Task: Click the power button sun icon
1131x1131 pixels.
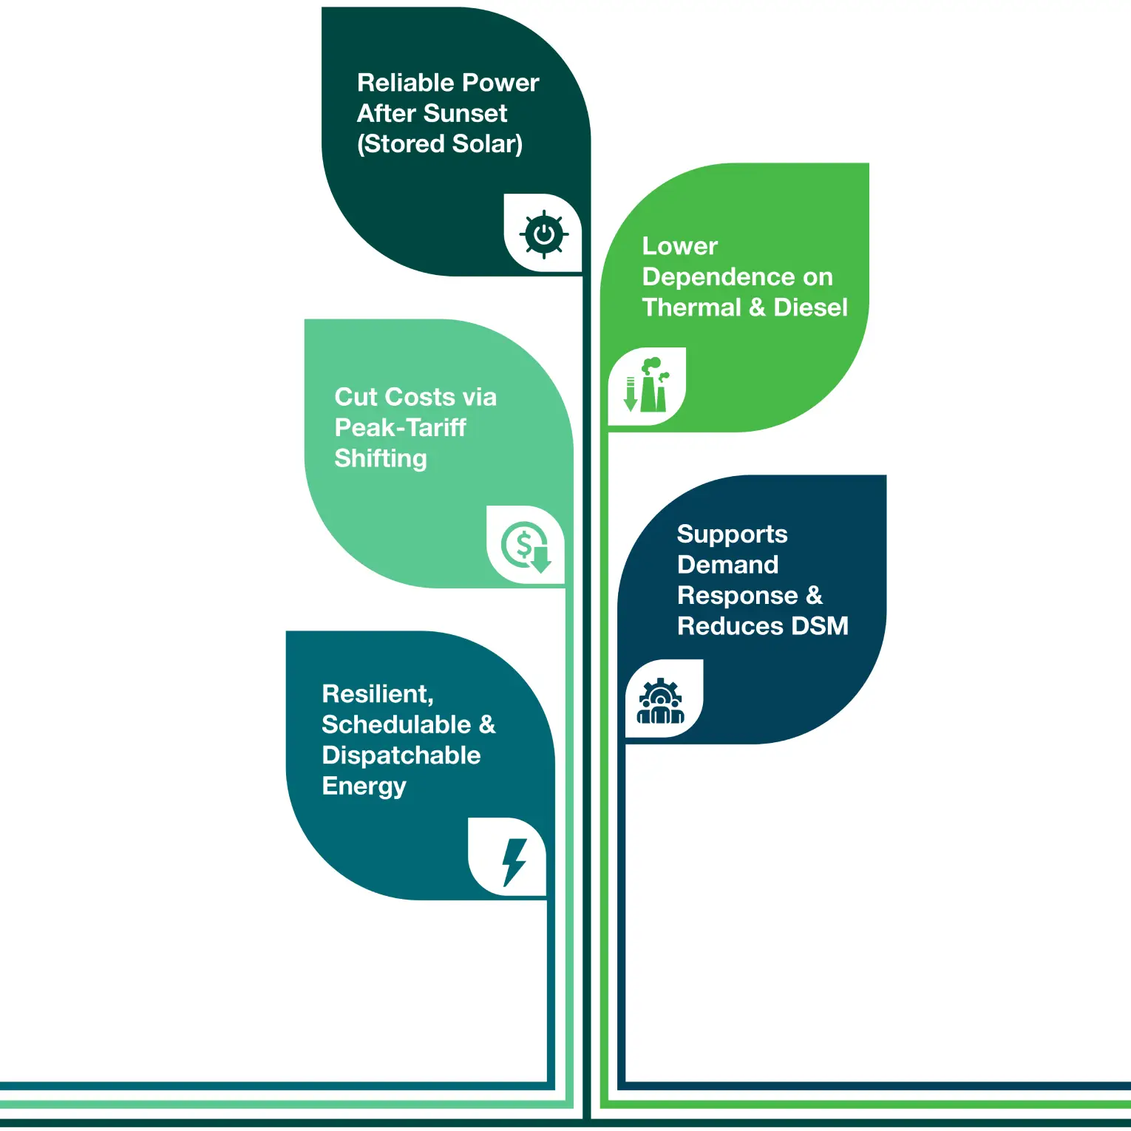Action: pos(544,235)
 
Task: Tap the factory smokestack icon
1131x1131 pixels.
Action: pos(647,385)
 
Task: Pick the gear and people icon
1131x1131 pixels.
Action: pos(661,702)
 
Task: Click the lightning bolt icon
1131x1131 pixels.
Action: pos(513,861)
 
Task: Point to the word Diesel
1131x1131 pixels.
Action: pos(810,307)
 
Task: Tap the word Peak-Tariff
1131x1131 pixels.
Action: pos(400,427)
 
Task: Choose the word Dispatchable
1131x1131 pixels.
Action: pos(401,755)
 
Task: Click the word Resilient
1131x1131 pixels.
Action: pos(378,694)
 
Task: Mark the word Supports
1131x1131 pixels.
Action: pos(732,534)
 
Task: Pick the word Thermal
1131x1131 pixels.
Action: pos(691,307)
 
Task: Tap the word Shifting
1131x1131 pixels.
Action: pos(381,458)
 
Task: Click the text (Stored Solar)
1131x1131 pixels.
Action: pos(440,143)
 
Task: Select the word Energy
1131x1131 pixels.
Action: pos(364,786)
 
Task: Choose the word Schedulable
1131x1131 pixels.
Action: pos(396,724)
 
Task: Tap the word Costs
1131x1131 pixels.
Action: pos(421,397)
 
